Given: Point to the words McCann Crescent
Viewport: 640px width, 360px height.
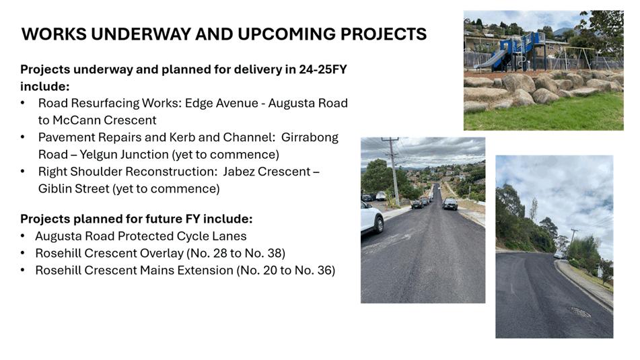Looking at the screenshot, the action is pyautogui.click(x=104, y=120).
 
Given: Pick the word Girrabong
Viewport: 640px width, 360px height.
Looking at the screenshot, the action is pyautogui.click(x=310, y=137).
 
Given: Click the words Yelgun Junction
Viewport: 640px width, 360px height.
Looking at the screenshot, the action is pyautogui.click(x=124, y=155).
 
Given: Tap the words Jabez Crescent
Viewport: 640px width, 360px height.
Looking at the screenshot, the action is pyautogui.click(x=266, y=172).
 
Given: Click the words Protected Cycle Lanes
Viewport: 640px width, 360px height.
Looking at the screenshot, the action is pyautogui.click(x=182, y=236).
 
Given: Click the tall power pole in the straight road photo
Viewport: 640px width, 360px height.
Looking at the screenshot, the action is pyautogui.click(x=393, y=171).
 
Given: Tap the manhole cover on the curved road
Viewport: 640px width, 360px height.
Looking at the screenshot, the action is pyautogui.click(x=581, y=312).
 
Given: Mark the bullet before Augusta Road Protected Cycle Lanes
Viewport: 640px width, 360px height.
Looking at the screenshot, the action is pyautogui.click(x=23, y=236).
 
